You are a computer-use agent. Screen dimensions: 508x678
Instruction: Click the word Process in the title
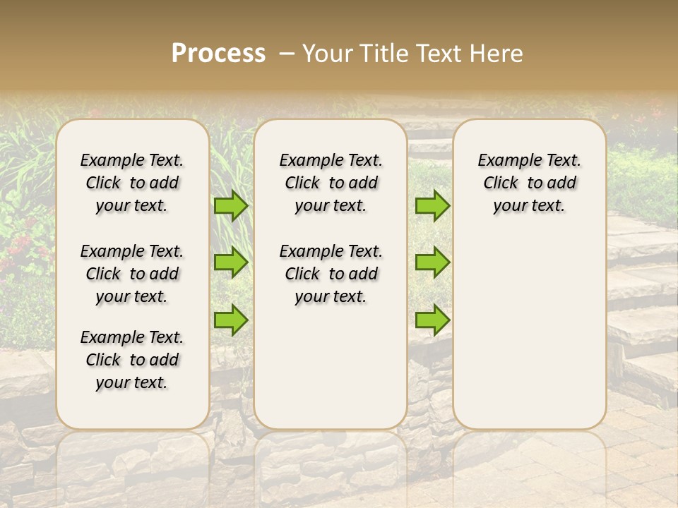coord(218,53)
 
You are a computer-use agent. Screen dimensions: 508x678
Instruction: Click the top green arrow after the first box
coord(231,205)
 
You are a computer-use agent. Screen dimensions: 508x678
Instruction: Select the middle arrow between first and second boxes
coord(231,262)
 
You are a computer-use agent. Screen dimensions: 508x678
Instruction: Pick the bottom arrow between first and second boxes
coord(231,320)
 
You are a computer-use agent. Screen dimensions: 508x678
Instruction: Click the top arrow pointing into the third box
coord(432,205)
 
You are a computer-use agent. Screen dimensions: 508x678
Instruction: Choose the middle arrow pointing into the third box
coord(432,262)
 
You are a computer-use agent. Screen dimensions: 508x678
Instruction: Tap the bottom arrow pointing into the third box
coord(432,320)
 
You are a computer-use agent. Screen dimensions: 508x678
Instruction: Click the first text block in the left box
coord(132,183)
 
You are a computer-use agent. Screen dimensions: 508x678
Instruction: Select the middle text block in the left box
coord(132,274)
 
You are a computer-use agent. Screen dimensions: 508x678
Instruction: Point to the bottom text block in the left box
coord(132,360)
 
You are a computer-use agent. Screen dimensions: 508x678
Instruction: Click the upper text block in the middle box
coord(331,183)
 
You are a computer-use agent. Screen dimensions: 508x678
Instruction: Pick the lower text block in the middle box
coord(331,274)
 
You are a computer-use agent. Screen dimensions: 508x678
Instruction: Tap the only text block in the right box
coord(529,183)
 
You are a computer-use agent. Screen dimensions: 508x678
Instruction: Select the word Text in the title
coord(441,53)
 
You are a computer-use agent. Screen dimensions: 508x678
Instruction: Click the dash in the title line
coord(287,54)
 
